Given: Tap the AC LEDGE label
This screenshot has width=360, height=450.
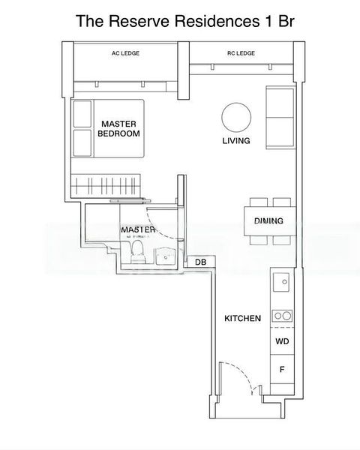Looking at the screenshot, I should (125, 53).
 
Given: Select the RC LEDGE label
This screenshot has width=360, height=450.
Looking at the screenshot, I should (241, 53).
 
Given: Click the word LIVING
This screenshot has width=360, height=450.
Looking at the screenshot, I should (235, 141).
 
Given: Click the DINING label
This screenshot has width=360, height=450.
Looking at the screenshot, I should (268, 221).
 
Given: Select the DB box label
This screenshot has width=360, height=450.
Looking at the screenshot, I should (200, 262).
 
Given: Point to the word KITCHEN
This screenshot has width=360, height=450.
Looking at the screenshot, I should (242, 318).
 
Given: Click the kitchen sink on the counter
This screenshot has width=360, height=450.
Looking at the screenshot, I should (283, 283).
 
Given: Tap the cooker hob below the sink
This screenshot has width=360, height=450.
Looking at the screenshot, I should (282, 316).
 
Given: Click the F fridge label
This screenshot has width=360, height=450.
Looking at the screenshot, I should (282, 370).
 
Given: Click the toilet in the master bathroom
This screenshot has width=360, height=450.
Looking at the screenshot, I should (137, 253).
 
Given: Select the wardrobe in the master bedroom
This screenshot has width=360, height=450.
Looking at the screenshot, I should (104, 183).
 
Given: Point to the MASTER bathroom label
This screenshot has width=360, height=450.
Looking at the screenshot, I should (139, 229).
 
